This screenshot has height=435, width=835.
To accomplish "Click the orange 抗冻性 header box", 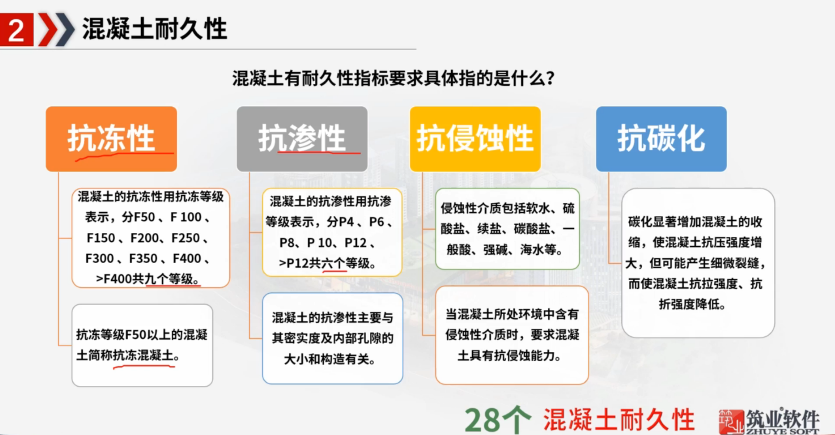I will pos(111,139).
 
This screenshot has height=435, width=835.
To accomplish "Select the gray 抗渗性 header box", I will pos(302,139).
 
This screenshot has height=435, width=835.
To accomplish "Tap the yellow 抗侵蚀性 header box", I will pos(475,139).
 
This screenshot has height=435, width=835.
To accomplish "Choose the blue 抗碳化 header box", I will pos(661,139).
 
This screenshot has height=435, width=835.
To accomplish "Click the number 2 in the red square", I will pos(17,30).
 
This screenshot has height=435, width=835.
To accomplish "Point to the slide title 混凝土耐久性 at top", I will pos(155,29).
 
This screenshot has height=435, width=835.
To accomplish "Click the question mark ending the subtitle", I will pos(550,79).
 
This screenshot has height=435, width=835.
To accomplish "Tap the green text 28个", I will pos(498,419).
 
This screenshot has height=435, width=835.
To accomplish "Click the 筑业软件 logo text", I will pos(782,420).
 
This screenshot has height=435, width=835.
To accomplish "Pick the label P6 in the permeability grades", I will pos(376,222).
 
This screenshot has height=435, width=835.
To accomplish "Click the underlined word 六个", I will pos(334,263).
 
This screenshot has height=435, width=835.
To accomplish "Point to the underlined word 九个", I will pos(157,279).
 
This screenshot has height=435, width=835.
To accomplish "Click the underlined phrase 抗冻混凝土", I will pos(143,356).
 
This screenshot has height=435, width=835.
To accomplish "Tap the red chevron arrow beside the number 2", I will pos(48,30).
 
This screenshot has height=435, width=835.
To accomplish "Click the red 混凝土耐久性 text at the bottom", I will pos(619,419).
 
